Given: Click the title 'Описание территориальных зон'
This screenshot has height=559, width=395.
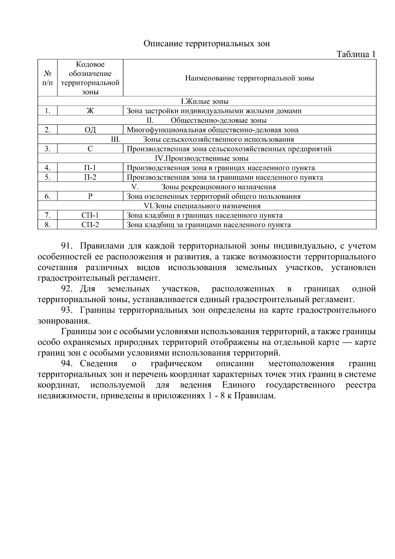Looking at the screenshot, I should point(206,44).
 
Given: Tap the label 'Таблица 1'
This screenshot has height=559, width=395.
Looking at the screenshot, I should point(355,54).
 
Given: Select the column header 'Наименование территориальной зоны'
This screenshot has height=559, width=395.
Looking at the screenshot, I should point(249,78).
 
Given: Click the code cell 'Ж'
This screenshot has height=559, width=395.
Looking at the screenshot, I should point(90,111).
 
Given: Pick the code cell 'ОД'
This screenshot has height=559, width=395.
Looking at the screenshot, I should point(90,130).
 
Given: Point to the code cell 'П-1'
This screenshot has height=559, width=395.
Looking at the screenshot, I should point(90,168).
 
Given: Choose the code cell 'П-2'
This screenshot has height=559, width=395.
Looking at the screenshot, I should point(90,178).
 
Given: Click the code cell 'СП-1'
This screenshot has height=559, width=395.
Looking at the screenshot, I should point(90,216).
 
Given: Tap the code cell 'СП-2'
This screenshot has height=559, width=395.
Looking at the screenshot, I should point(90,225).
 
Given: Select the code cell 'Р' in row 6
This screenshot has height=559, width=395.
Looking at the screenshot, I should point(90,197).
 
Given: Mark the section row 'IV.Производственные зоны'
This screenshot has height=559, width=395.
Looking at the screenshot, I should point(201,158).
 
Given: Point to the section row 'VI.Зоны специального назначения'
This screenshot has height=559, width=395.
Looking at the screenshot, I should point(202,206).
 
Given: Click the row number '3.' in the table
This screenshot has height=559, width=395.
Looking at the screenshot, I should point(47,149).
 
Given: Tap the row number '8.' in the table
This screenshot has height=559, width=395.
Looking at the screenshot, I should point(47,225).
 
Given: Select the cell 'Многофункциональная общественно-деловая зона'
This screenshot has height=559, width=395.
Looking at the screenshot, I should point(213,130).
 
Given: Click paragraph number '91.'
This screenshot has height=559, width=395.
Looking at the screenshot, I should point(68,246).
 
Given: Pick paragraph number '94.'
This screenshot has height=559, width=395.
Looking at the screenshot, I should point(68,364).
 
